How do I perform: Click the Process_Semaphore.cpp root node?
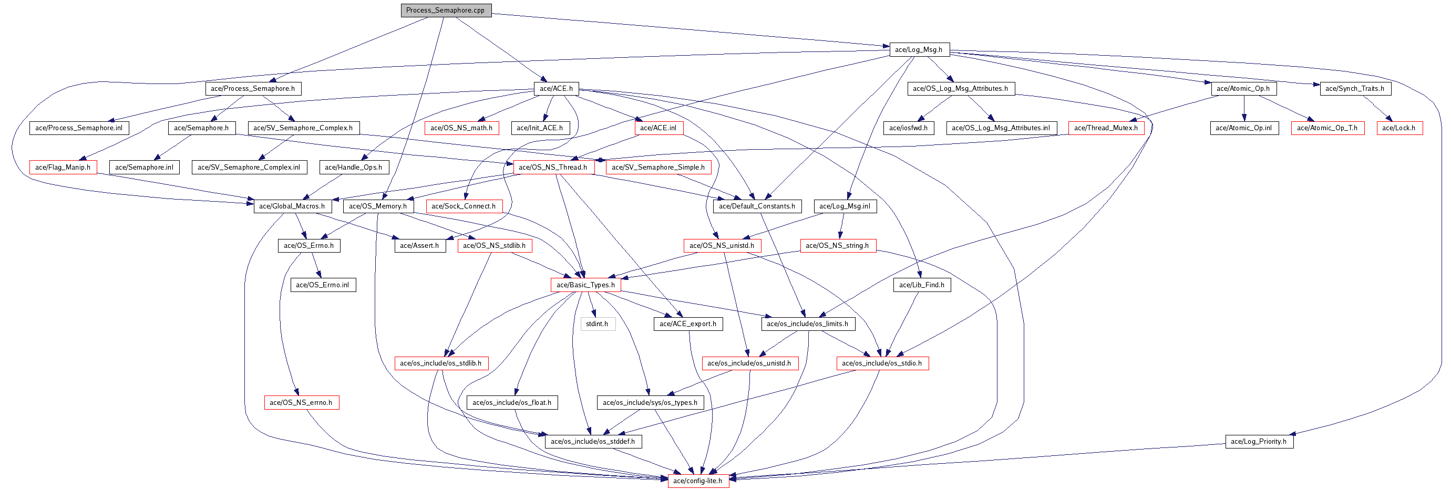point(446,10)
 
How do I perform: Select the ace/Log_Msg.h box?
point(919,49)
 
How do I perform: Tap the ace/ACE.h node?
point(556,88)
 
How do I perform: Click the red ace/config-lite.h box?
point(698,481)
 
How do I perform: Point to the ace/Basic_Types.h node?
point(586,285)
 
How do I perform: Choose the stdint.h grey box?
point(597,324)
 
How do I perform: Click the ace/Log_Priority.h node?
point(1259,442)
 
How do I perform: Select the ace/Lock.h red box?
point(1399,128)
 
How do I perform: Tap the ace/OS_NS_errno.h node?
point(301,403)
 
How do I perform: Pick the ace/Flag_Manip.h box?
point(63,168)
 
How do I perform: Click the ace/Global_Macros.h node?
point(292,206)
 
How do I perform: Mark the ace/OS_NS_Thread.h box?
point(553,168)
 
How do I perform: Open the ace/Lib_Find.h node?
point(921,285)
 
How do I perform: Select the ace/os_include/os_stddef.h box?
point(593,442)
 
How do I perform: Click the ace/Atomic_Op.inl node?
point(1244,128)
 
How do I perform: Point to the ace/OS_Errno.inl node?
point(323,285)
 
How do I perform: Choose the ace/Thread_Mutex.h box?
point(1106,128)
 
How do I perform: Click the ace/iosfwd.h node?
point(909,128)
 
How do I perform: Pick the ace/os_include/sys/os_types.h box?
point(650,403)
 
